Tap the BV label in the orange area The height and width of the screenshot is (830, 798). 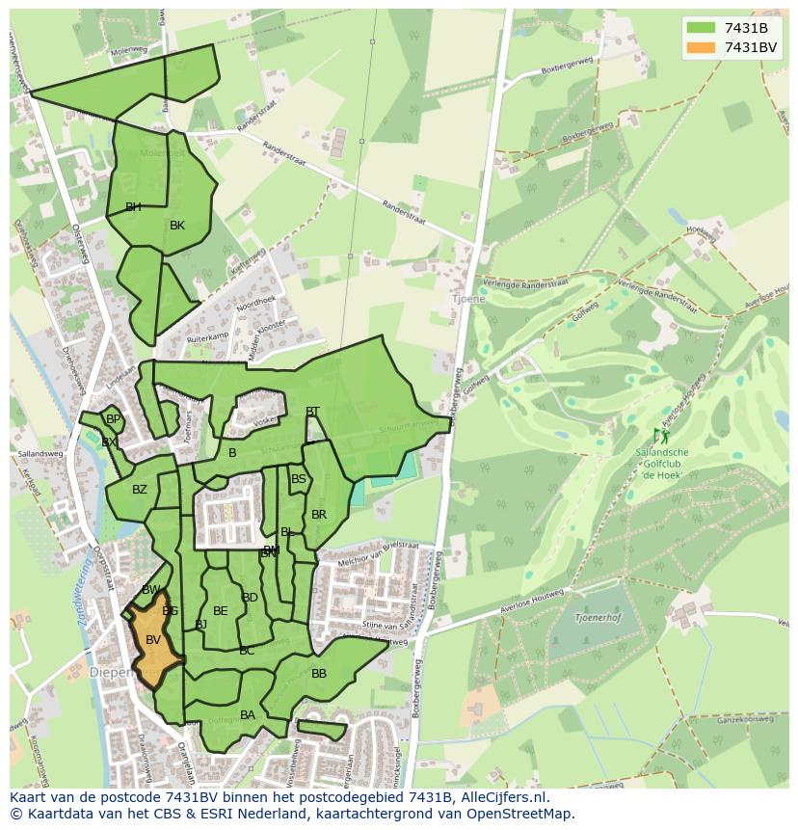point(153,640)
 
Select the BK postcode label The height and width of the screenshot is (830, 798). point(177,226)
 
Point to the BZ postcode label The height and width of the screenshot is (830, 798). point(140,490)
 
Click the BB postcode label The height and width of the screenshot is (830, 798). point(319,674)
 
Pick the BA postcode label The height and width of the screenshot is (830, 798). point(248,715)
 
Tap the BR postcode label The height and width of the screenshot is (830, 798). point(319,515)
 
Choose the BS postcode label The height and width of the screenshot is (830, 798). point(299,479)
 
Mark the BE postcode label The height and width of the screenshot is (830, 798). point(221,611)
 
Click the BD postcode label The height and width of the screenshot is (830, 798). point(250,598)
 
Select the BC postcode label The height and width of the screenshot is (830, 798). point(247,651)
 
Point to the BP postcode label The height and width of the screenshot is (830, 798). point(114,419)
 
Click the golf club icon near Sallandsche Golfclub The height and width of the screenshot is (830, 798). point(661,437)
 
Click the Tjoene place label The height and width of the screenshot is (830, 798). point(466,299)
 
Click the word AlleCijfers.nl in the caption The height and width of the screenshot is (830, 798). point(502,797)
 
